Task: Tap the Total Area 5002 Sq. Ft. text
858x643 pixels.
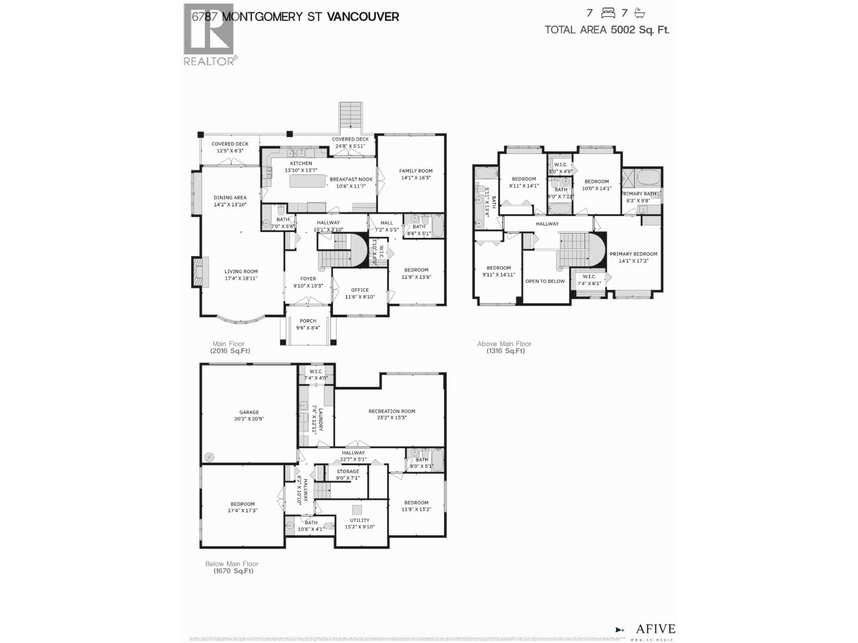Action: point(606,30)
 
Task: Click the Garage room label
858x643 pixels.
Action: point(249,416)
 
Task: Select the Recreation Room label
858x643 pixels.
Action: point(391,414)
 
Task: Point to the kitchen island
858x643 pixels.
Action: point(308,181)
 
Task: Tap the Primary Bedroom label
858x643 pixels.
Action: point(633,257)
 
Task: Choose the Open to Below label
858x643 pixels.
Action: point(545,281)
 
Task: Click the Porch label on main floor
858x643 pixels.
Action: point(308,324)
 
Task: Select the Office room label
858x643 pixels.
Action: point(360,293)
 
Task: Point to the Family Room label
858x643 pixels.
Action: point(416,174)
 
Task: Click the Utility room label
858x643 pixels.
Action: point(359,523)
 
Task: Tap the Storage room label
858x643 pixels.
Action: point(347,475)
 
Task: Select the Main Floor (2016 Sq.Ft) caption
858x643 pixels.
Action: point(230,347)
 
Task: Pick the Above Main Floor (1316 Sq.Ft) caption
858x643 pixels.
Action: point(505,347)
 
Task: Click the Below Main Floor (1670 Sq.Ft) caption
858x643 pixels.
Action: point(232,567)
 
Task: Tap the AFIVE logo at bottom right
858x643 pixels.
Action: point(654,629)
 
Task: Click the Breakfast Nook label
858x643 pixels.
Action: point(351,183)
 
